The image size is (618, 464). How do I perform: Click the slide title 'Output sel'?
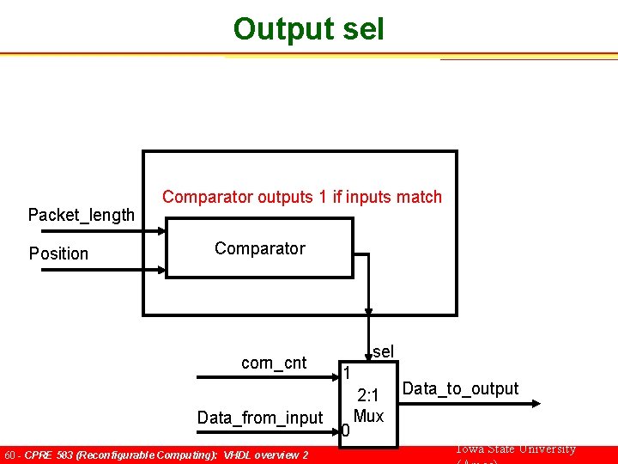308,28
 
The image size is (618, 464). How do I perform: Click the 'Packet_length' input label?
82,215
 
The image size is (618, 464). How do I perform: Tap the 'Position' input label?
58,253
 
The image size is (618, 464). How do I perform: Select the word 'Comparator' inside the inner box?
259,248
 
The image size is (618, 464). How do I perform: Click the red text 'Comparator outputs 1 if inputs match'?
302,197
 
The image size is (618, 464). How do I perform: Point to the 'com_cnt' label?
274,363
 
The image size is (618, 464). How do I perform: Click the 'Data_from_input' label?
259,418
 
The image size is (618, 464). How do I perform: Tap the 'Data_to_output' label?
460,388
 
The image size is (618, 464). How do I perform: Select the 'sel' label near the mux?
383,351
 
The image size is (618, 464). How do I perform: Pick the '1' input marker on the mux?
346,373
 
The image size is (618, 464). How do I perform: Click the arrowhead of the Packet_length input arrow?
161,230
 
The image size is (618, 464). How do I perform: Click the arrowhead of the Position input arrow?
161,269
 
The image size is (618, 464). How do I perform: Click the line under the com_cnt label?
266,377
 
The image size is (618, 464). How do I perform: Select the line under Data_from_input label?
266,431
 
